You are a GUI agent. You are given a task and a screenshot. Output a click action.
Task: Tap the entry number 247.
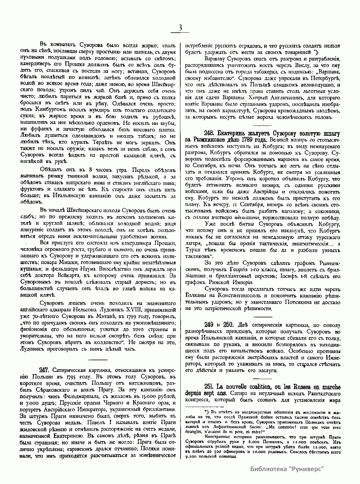point(45,370)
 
